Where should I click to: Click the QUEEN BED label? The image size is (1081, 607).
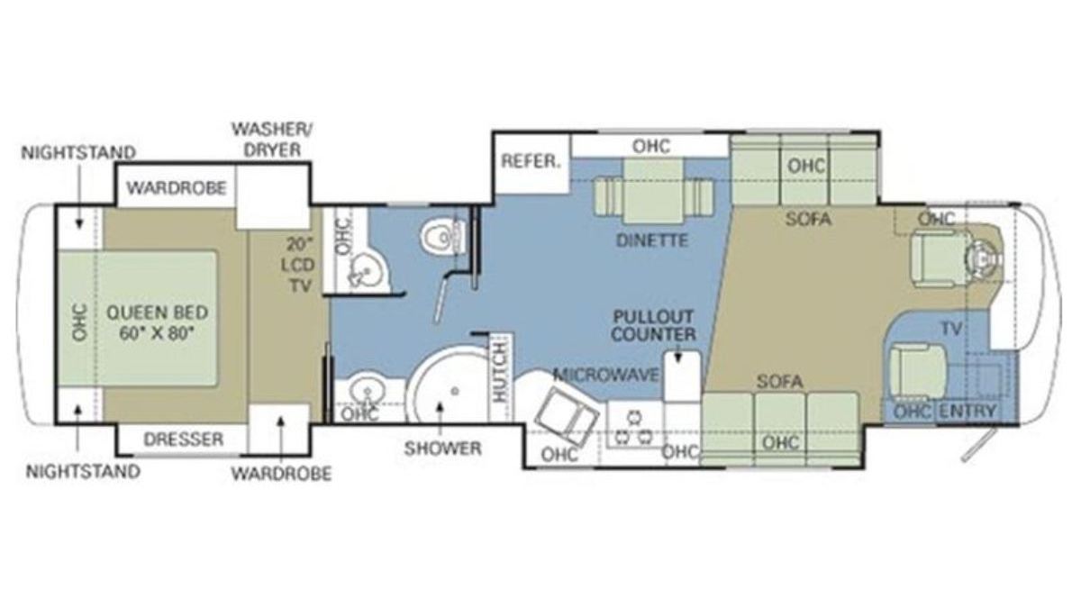point(158,313)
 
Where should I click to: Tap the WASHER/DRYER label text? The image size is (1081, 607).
point(272,140)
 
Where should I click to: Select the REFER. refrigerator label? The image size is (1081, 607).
point(531,161)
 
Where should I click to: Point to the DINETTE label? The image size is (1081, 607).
point(652,240)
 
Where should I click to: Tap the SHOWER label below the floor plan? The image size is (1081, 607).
point(442,448)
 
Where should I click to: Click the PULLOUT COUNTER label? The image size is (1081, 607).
point(653,326)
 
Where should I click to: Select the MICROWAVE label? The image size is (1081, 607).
point(606,375)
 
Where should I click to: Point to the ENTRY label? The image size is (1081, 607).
point(967,411)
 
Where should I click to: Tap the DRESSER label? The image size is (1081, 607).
point(184,439)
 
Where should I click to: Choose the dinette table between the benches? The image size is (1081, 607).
point(653,192)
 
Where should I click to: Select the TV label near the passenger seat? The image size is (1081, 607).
point(951,329)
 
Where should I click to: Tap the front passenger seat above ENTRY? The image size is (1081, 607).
point(917,371)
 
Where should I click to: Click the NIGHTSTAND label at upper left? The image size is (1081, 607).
point(78,153)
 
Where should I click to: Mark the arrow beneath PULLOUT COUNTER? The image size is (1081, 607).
point(678,356)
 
